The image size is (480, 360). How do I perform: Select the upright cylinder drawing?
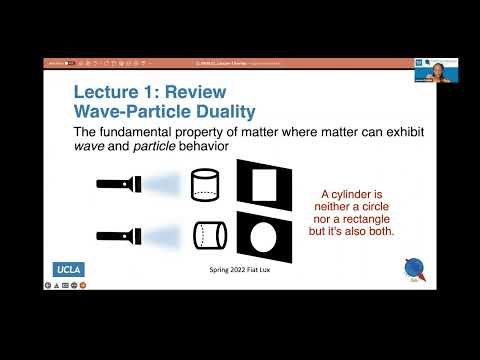pyautogui.click(x=204, y=184)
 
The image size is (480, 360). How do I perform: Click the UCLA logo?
pyautogui.click(x=69, y=269)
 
